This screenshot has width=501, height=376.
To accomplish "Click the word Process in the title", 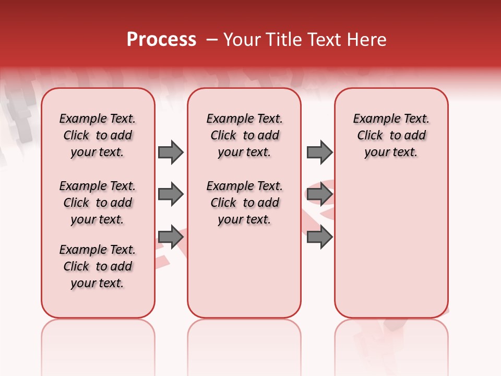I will (x=161, y=40).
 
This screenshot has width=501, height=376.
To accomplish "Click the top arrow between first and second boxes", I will (x=171, y=152).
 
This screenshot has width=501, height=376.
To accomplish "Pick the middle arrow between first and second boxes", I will (x=171, y=194).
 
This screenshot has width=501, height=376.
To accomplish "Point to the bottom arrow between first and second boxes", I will (x=171, y=237).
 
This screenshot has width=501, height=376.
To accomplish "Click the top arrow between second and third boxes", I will (x=319, y=152).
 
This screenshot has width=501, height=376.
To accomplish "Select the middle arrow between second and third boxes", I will (x=319, y=194).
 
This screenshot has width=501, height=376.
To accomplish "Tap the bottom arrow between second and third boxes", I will (x=319, y=237).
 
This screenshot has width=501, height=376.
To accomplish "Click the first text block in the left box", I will (x=98, y=135).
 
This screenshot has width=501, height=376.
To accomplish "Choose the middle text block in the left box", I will (x=98, y=203).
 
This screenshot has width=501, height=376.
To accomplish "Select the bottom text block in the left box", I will (x=98, y=266).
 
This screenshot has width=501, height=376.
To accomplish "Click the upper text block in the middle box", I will (x=244, y=135).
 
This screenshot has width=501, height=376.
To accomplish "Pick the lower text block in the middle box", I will (x=244, y=203).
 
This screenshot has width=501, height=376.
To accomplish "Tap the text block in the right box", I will (x=391, y=135).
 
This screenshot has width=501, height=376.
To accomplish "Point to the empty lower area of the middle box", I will (x=244, y=272).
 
